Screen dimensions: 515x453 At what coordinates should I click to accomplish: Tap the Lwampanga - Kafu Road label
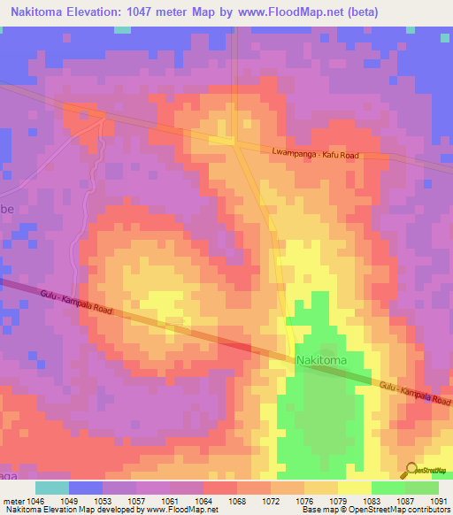(316, 155)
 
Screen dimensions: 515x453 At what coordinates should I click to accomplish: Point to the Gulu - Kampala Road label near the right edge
(414, 392)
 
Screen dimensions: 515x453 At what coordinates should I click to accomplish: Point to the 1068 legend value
(238, 500)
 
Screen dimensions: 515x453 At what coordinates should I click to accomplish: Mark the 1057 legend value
(137, 500)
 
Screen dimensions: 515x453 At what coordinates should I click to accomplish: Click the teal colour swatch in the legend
(52, 488)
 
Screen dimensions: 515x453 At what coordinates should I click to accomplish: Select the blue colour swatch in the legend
(86, 488)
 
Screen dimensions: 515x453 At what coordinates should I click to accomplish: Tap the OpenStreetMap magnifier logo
(411, 471)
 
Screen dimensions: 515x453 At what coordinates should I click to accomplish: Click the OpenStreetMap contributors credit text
(398, 511)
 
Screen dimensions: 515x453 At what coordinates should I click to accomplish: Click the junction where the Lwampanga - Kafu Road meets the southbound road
(235, 142)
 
